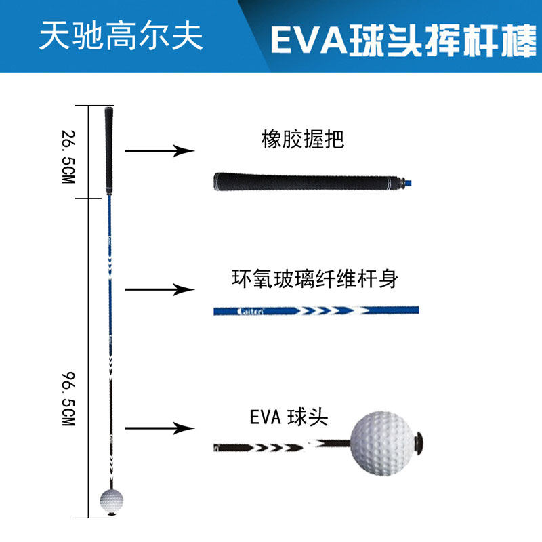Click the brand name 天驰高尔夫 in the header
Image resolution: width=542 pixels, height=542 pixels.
[x=121, y=37]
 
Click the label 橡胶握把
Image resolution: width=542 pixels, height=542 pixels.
[x=303, y=140]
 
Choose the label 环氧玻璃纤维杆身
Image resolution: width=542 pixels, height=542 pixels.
[x=314, y=279]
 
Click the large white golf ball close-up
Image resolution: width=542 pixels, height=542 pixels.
[x=380, y=440]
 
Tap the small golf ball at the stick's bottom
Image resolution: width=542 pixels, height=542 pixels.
[x=111, y=501]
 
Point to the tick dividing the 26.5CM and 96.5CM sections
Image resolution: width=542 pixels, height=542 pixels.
[x=91, y=199]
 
